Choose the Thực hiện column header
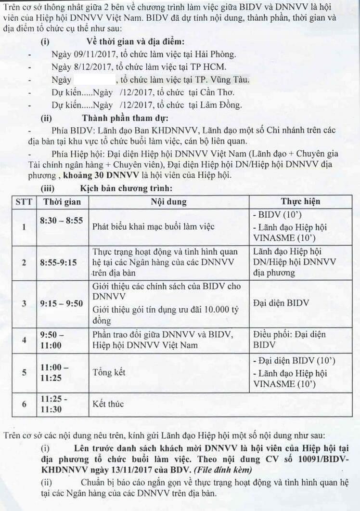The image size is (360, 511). pos(300,202)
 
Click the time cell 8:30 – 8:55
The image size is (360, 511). pos(62,221)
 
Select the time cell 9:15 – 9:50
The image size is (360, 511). pos(62,303)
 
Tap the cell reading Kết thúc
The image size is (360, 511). pos(108,404)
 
